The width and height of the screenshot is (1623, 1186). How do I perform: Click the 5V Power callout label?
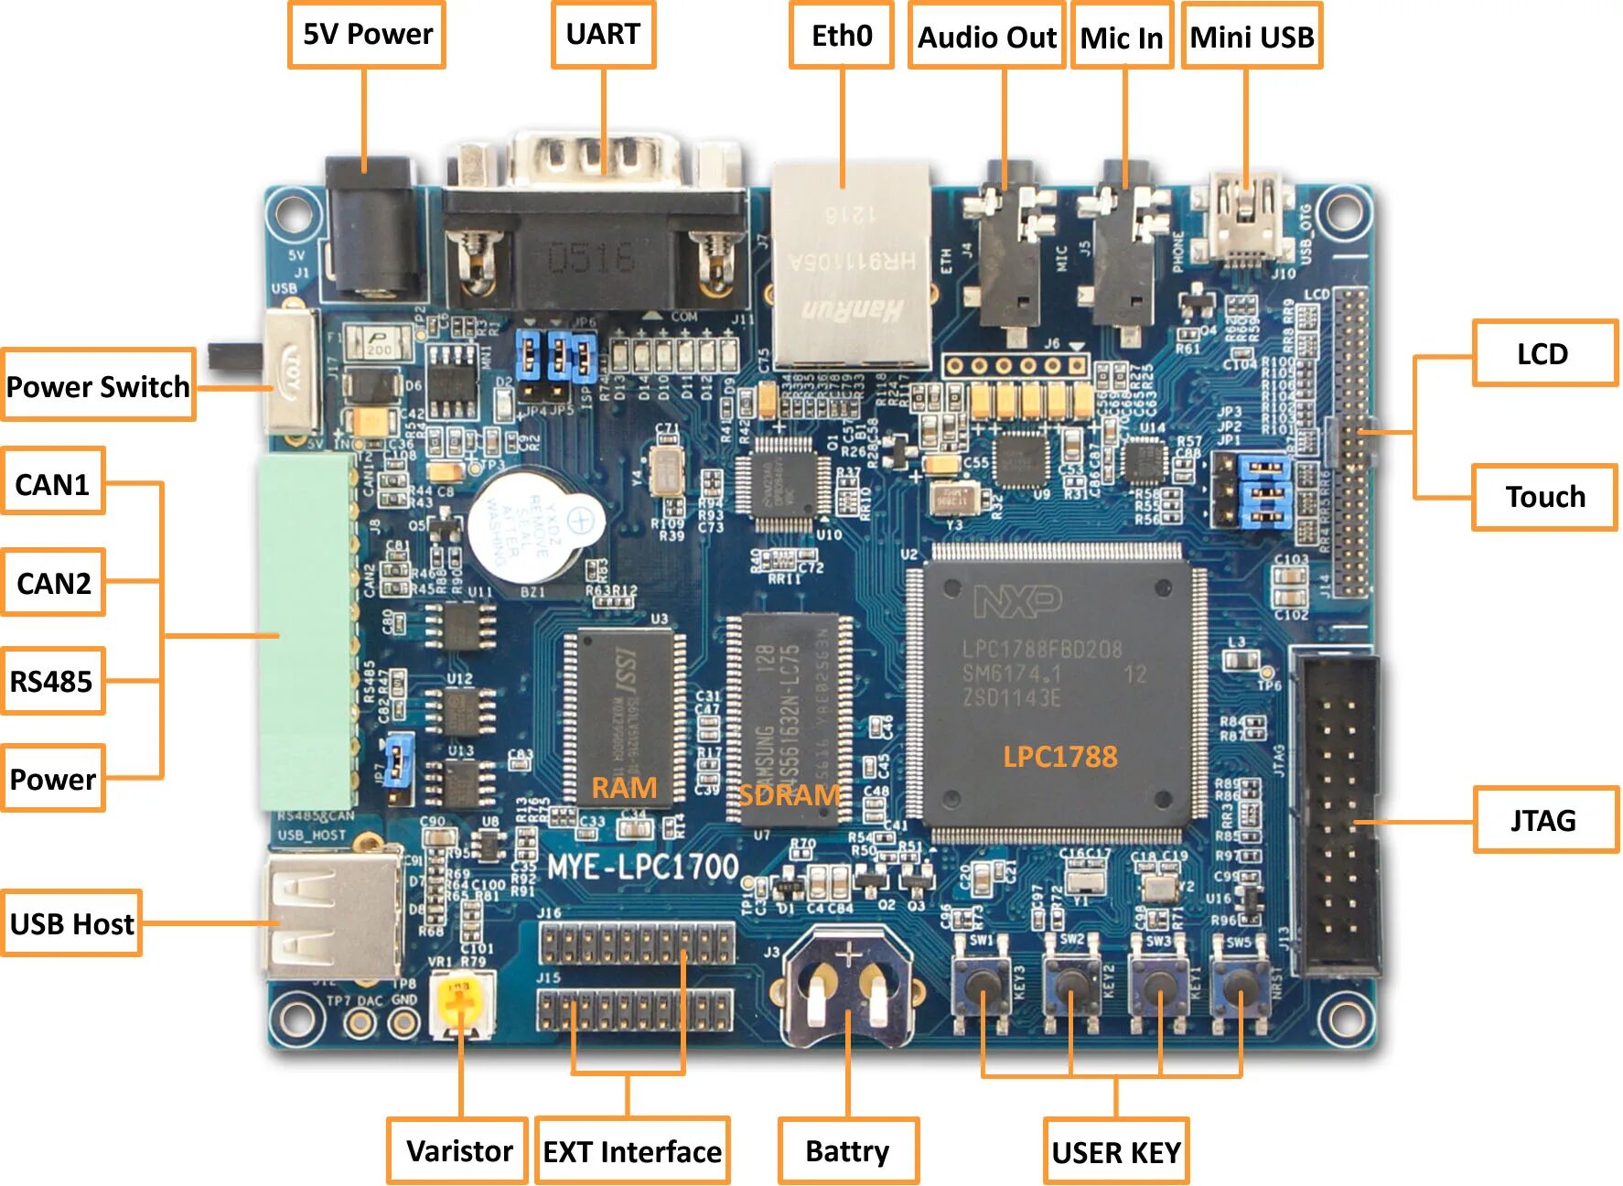click(x=367, y=35)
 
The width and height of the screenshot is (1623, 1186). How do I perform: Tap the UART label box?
click(x=603, y=35)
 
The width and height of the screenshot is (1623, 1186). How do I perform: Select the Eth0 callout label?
click(x=842, y=36)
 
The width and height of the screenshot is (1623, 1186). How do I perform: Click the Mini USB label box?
click(x=1252, y=37)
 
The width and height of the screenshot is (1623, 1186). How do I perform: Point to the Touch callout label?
click(x=1544, y=497)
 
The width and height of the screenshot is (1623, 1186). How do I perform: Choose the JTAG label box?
click(x=1544, y=820)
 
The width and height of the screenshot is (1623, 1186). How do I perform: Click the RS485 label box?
click(x=52, y=681)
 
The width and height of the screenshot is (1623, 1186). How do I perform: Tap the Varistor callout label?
click(x=458, y=1150)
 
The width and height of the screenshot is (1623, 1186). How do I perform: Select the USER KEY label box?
click(x=1116, y=1151)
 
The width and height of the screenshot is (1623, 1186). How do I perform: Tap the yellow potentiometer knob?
click(x=460, y=1005)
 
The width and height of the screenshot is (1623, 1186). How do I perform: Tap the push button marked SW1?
click(x=983, y=984)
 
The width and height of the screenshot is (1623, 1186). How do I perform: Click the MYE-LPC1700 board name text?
click(x=642, y=866)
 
